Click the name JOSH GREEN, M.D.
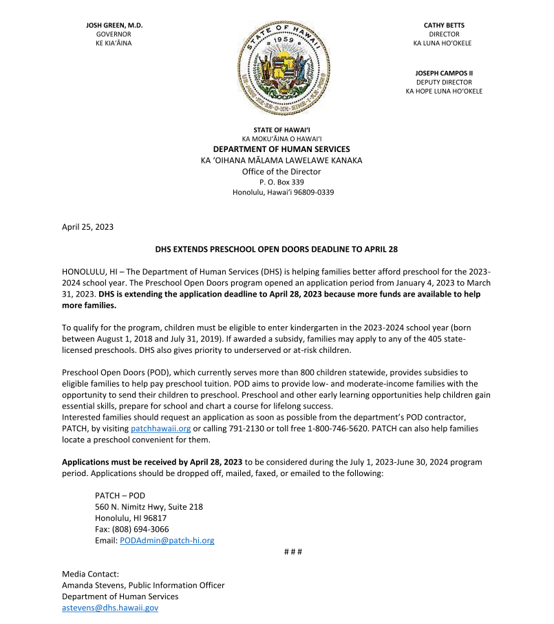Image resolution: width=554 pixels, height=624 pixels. [x=114, y=25]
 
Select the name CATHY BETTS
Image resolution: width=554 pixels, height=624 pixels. [x=444, y=25]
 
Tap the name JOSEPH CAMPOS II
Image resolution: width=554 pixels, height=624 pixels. [x=444, y=72]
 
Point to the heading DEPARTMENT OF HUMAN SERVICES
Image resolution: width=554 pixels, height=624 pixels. [x=281, y=149]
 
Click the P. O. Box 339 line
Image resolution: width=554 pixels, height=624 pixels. [x=281, y=182]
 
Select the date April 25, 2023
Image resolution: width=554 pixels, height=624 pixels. [x=87, y=226]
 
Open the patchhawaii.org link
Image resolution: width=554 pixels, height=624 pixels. [x=160, y=429]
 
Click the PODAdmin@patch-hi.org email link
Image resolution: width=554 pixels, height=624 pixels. [x=167, y=541]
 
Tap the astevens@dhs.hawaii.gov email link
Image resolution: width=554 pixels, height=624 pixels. [x=110, y=608]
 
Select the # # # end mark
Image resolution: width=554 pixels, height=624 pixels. [x=293, y=552]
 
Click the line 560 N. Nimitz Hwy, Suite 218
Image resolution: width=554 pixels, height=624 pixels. [x=149, y=507]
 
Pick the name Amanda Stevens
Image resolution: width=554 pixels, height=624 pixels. [x=92, y=585]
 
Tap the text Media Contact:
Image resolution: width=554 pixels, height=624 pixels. [x=90, y=574]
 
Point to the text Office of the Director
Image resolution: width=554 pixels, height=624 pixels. [x=281, y=171]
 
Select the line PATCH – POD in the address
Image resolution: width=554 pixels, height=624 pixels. [x=120, y=495]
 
